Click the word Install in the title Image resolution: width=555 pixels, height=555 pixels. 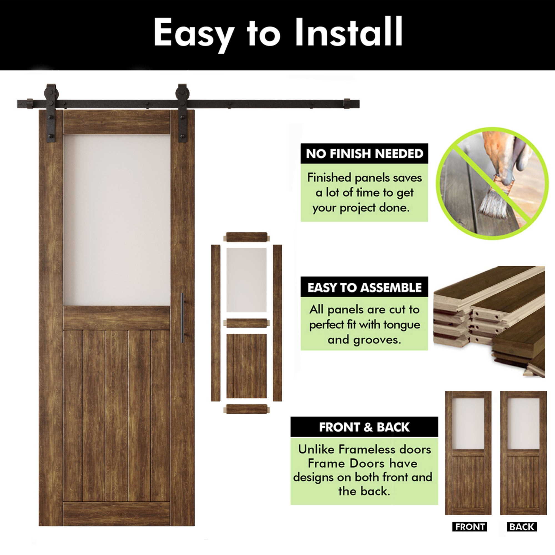click(x=349, y=32)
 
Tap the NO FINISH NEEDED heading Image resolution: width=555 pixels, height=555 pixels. click(x=364, y=154)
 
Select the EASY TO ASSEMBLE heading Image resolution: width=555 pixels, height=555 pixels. click(x=364, y=287)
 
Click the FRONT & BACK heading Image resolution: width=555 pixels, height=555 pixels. click(x=364, y=427)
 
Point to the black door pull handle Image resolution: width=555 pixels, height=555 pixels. click(x=182, y=318)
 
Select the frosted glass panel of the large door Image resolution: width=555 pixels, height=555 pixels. click(x=117, y=220)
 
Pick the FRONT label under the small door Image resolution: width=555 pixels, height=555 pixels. click(x=470, y=527)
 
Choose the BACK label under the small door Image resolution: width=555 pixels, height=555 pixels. click(x=522, y=527)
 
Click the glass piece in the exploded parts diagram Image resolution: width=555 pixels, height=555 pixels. click(x=246, y=280)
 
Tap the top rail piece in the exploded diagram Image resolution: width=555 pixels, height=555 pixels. click(x=246, y=237)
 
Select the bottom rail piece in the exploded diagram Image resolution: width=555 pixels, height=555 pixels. click(x=246, y=409)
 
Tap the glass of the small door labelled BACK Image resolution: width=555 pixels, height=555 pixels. click(x=523, y=424)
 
